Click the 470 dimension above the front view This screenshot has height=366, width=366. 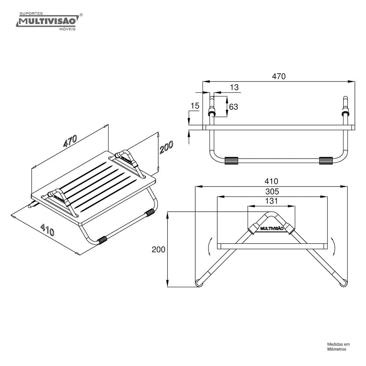pyautogui.click(x=279, y=76)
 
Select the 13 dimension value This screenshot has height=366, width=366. pyautogui.click(x=234, y=87)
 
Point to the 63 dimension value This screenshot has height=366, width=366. pyautogui.click(x=233, y=107)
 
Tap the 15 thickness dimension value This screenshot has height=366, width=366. pyautogui.click(x=195, y=106)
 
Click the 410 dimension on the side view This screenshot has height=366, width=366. pyautogui.click(x=272, y=181)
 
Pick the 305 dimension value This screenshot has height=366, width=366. pyautogui.click(x=272, y=191)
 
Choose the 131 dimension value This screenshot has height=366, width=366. pyautogui.click(x=272, y=201)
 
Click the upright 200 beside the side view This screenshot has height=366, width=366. pyautogui.click(x=158, y=250)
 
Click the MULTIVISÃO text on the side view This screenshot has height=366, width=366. pyautogui.click(x=272, y=228)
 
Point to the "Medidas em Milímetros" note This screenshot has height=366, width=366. pyautogui.click(x=338, y=347)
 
